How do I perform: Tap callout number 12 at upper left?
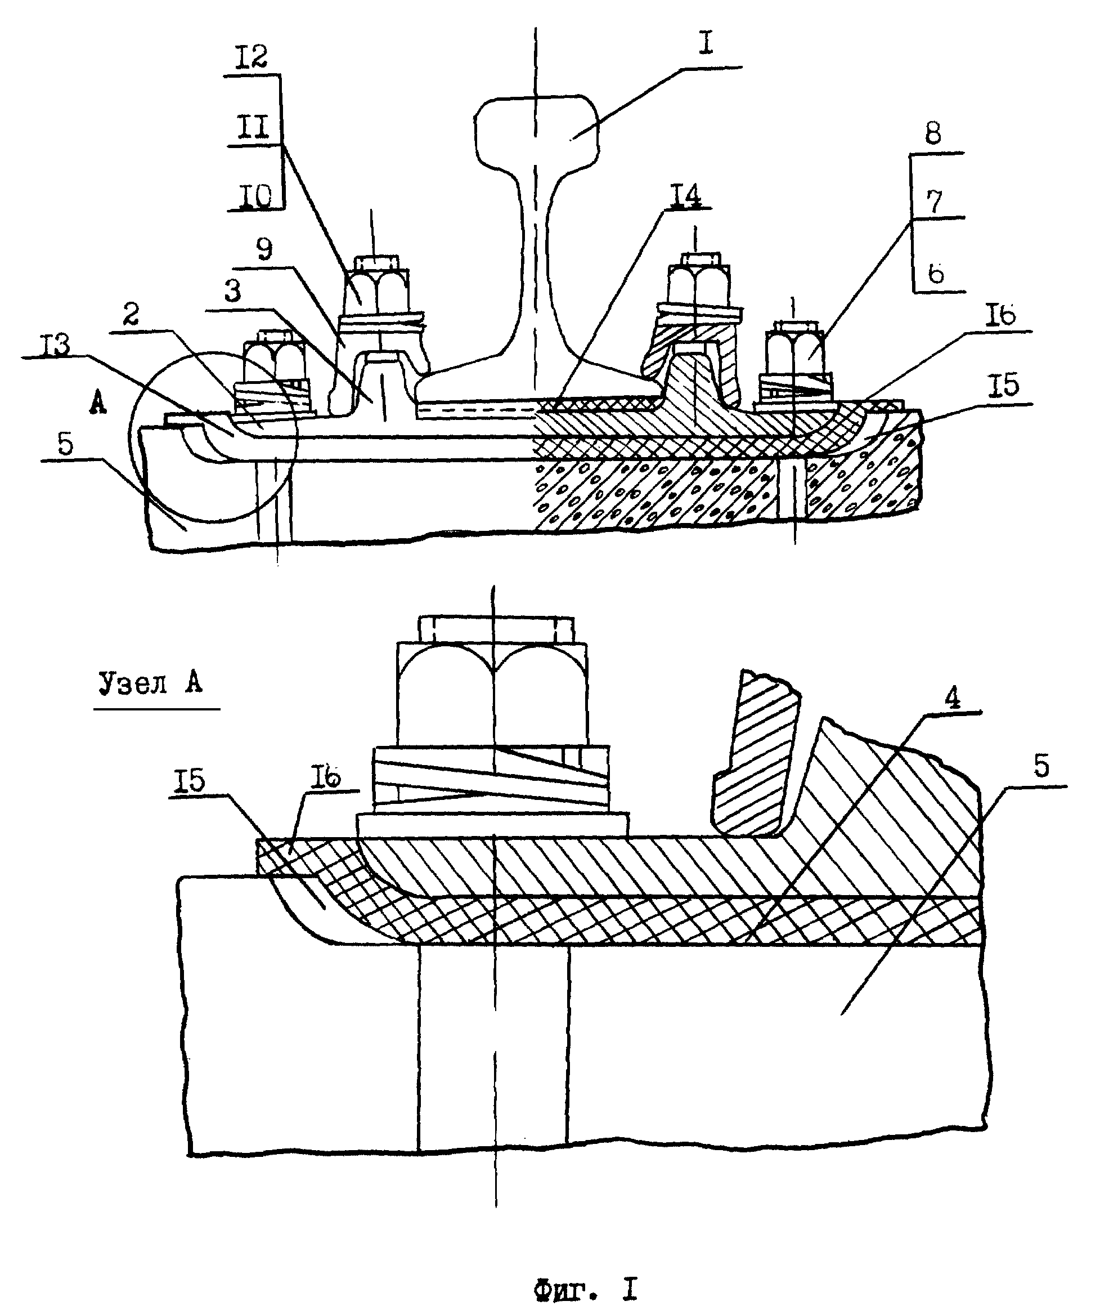[252, 57]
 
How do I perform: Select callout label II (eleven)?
[252, 128]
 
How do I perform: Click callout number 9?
[264, 250]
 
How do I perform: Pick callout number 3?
[232, 290]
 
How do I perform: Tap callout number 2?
[131, 315]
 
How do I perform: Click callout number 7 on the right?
[933, 203]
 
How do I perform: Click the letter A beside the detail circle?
[97, 404]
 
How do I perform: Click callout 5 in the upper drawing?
[65, 444]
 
